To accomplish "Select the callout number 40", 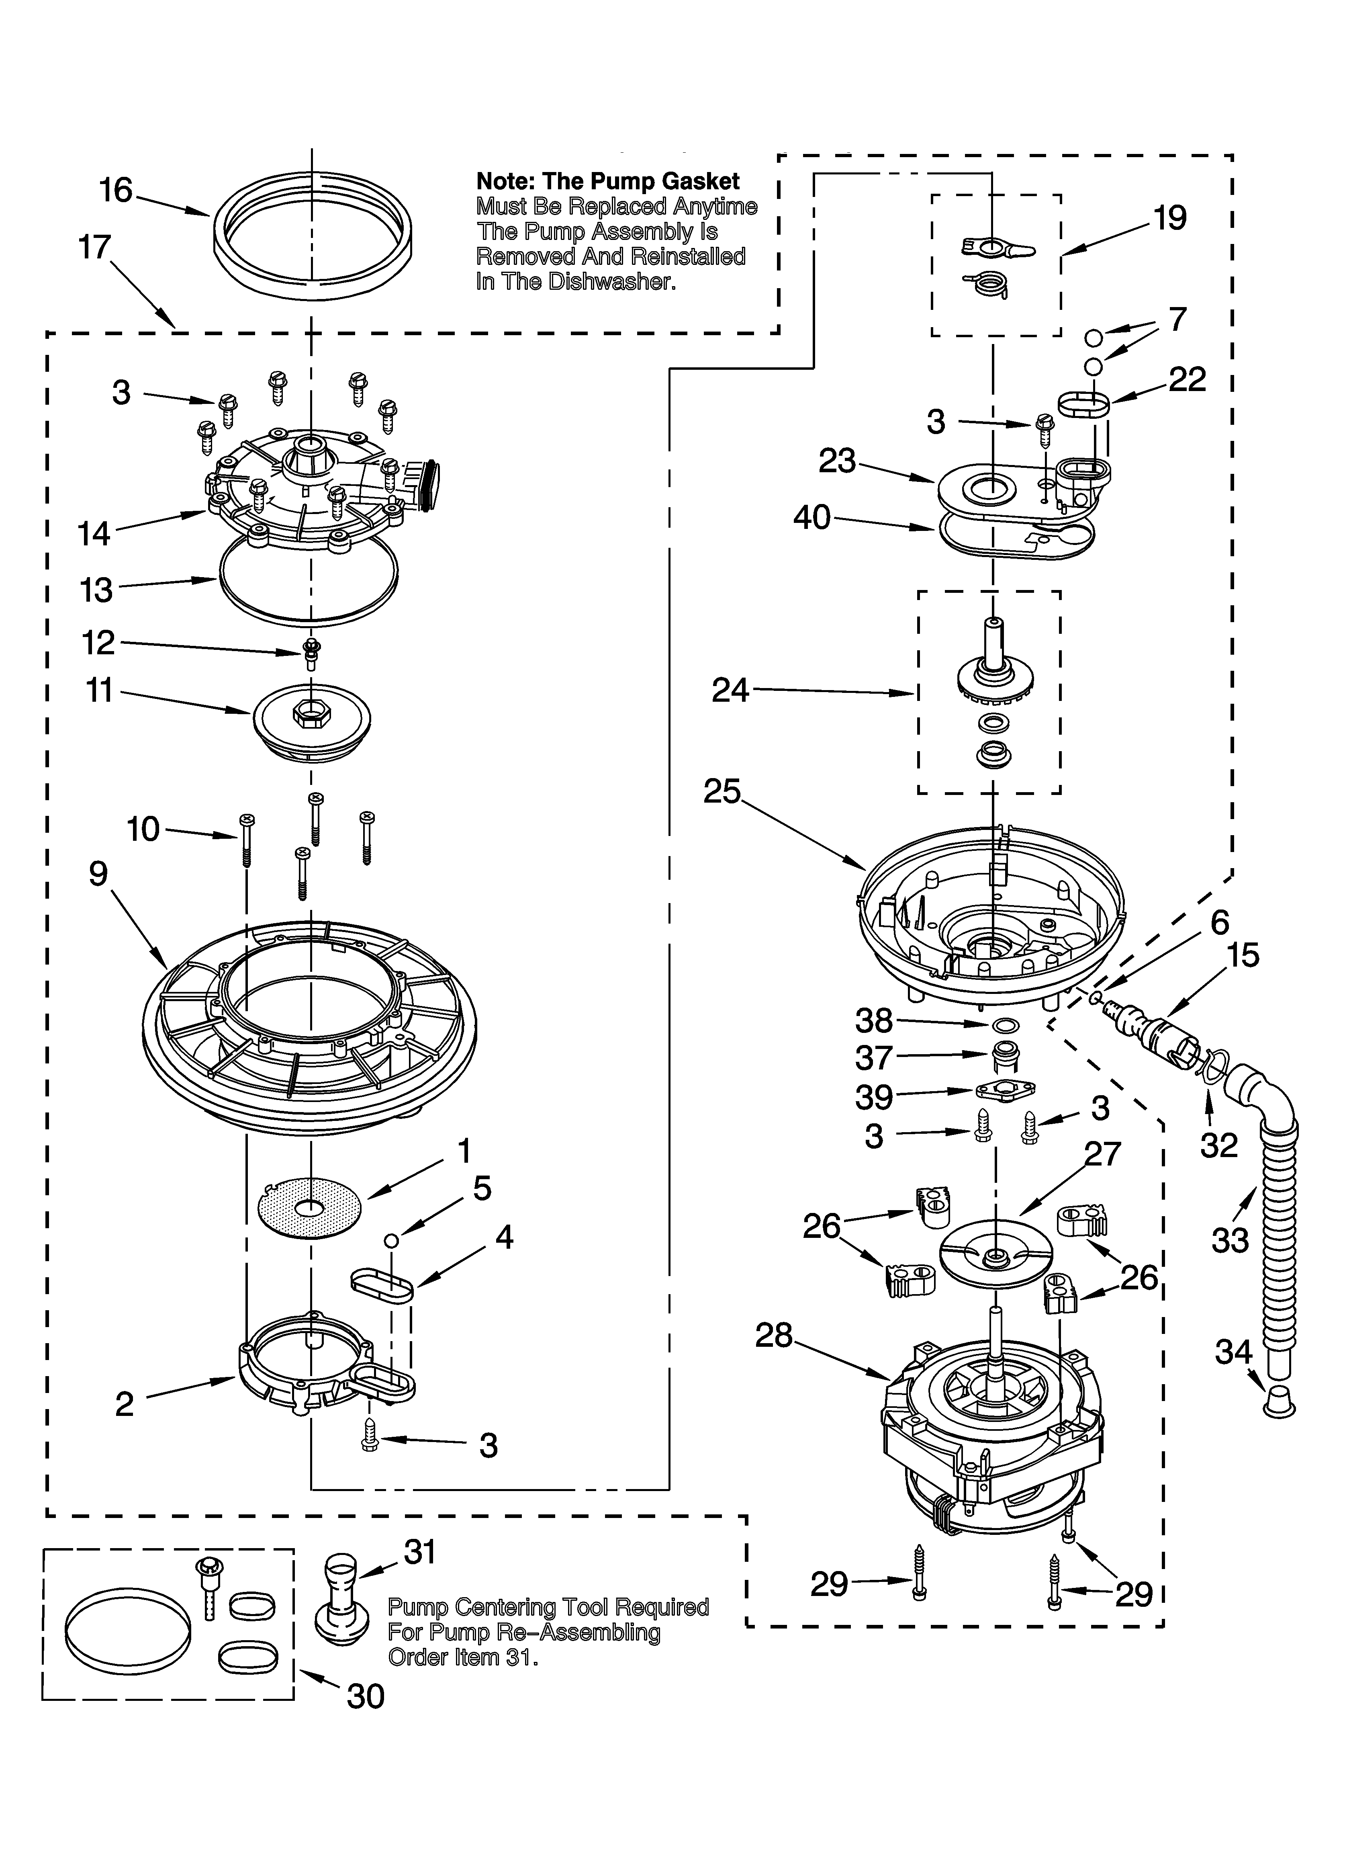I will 812,518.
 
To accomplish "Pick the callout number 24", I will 730,690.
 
